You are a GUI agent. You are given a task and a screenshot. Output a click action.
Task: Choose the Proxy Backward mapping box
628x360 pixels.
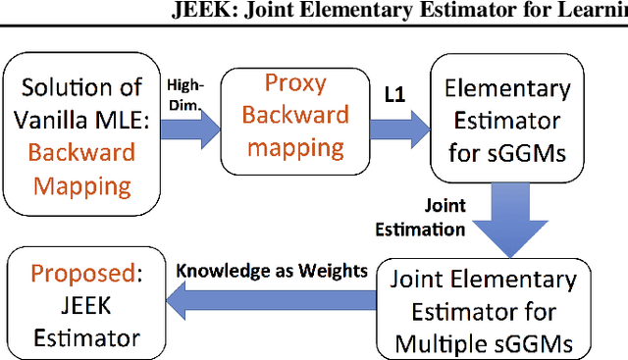point(294,117)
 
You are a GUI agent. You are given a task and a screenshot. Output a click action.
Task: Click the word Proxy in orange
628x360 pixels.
point(295,84)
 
